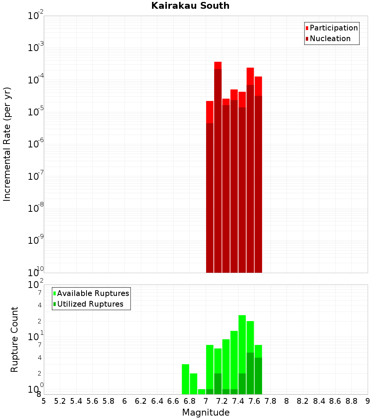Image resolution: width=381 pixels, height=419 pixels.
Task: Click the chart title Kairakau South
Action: tap(190, 6)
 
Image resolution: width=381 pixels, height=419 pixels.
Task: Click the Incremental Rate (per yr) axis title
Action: tap(7, 144)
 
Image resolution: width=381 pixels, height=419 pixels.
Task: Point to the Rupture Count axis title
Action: tap(14, 339)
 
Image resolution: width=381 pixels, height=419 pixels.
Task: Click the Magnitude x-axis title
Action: tap(206, 413)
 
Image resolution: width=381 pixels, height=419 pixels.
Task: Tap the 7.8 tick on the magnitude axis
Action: tap(271, 401)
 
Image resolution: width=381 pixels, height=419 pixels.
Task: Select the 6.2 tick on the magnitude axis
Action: tap(141, 401)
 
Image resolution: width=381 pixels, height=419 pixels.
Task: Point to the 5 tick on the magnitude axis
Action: tap(44, 401)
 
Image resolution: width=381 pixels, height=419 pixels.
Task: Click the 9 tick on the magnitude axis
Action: tap(368, 401)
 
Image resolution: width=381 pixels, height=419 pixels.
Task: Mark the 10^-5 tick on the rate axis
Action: tap(36, 112)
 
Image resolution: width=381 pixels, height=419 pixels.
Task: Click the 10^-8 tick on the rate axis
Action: tap(36, 208)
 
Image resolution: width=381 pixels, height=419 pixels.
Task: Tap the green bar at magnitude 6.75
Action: tap(186, 379)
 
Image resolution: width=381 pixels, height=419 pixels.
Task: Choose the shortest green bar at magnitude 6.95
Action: tap(202, 392)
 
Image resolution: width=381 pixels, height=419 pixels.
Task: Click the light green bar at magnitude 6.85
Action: tap(194, 384)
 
